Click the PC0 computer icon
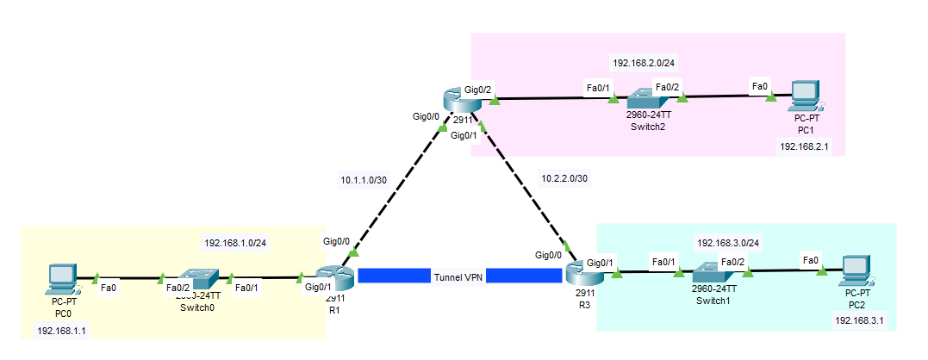(62, 278)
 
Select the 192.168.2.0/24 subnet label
(644, 63)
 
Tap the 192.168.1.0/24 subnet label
(235, 242)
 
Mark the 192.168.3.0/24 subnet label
(728, 243)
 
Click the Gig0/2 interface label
(478, 89)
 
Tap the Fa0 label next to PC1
(759, 86)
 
